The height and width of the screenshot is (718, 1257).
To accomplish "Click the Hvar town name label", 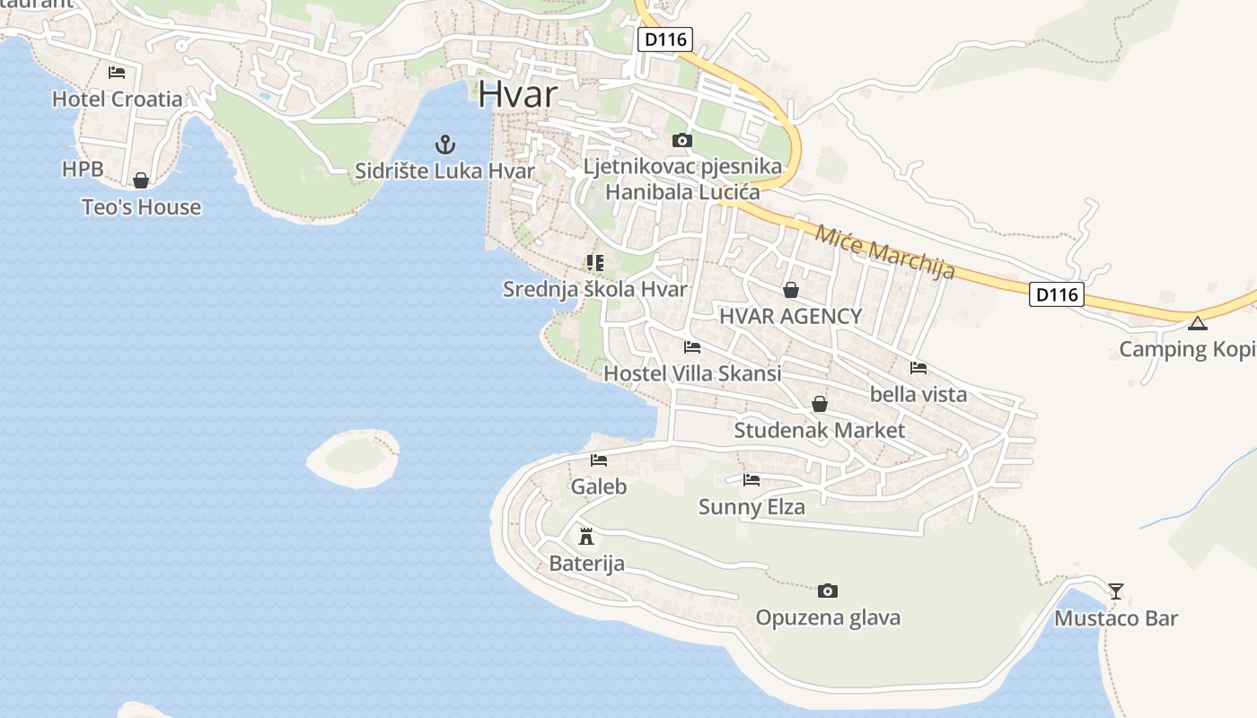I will (x=518, y=93).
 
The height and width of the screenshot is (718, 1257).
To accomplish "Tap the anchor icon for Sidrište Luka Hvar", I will (x=444, y=144).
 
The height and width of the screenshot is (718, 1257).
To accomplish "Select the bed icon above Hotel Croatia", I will (x=117, y=73).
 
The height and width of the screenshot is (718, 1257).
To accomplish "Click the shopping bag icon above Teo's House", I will (x=141, y=180).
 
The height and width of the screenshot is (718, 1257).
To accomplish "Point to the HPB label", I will (x=83, y=169).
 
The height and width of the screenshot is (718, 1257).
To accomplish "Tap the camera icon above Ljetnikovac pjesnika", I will (x=682, y=140).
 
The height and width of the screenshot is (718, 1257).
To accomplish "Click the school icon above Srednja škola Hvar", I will (x=594, y=262).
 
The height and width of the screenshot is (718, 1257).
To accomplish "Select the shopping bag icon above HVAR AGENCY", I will (x=791, y=290).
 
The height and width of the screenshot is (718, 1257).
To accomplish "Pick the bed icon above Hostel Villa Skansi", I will (x=691, y=346).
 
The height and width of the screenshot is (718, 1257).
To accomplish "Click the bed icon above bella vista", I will (x=918, y=368).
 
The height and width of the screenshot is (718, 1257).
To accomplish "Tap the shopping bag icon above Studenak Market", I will (x=820, y=405).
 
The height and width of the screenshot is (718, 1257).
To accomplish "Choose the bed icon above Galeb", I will (x=599, y=460).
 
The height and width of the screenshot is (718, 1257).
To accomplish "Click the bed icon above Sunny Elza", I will (x=752, y=480).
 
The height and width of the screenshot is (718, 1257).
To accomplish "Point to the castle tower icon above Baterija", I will (x=586, y=537).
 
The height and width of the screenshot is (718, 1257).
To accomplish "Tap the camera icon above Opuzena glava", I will (x=828, y=591).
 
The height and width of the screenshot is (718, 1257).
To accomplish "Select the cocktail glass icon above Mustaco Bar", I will (x=1116, y=591).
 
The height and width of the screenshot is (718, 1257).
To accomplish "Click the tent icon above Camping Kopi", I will (x=1197, y=323).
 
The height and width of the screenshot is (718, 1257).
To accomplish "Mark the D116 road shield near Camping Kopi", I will (x=1056, y=294).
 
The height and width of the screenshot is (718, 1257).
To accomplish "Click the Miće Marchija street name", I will (x=884, y=251).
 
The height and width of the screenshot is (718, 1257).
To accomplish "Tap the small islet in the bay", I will (x=354, y=457).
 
